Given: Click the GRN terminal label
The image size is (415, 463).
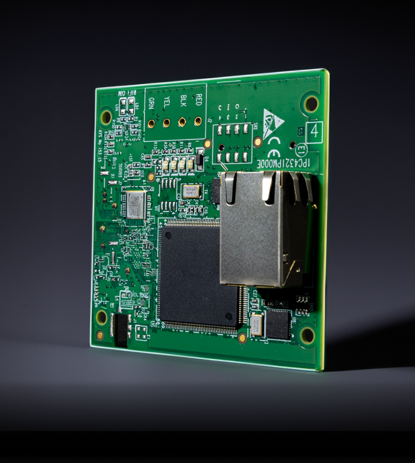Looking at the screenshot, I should pyautogui.click(x=151, y=104).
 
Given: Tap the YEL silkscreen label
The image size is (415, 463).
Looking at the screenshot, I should pyautogui.click(x=167, y=102).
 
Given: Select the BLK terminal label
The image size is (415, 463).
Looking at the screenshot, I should pyautogui.click(x=182, y=100).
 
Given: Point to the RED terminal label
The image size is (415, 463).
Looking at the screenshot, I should pyautogui.click(x=198, y=99).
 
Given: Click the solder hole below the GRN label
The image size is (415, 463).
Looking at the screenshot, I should pyautogui.click(x=151, y=124).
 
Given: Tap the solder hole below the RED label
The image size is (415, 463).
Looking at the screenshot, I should pyautogui.click(x=198, y=121).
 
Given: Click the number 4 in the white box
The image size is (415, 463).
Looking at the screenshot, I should pyautogui.click(x=313, y=131).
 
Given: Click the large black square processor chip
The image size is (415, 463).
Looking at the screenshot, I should pyautogui.click(x=197, y=274).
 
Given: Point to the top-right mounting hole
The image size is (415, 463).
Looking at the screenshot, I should pyautogui.click(x=312, y=104).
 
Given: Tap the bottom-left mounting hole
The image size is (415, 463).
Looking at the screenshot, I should pyautogui.click(x=101, y=317).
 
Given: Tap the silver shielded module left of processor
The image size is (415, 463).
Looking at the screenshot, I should pyautogui.click(x=134, y=204).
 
